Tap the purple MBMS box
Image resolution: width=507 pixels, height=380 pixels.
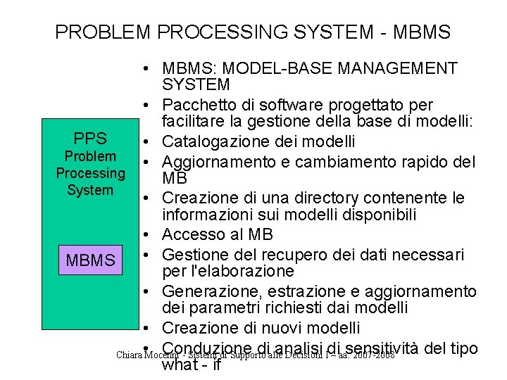(90, 260)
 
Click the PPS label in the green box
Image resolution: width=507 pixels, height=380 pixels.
(90, 139)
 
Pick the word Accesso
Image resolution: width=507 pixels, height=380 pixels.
(189, 234)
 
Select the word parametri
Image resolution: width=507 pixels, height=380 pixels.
(208, 308)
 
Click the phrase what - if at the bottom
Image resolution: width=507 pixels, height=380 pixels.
(192, 365)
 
